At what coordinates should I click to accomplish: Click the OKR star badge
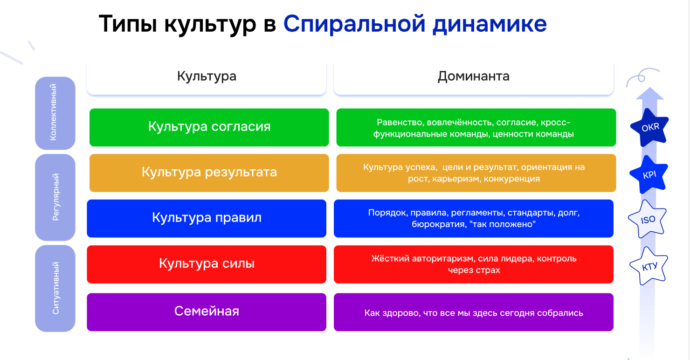point(649,127)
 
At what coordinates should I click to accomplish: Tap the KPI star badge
point(649,175)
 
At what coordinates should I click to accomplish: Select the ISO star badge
point(648,219)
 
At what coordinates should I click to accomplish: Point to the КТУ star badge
point(649,266)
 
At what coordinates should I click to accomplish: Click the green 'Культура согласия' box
point(209,127)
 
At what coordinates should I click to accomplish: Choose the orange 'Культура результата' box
point(209,173)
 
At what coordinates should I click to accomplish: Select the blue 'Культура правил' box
point(207,219)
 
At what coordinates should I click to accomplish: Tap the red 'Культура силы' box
point(207,264)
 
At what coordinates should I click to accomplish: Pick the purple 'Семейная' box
point(207,312)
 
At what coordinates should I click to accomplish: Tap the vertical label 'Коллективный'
point(54,112)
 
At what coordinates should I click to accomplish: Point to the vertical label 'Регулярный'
point(55,197)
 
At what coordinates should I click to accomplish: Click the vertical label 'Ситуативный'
point(55,288)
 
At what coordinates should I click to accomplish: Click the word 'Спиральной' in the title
point(354,24)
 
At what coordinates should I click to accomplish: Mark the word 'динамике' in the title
point(490,25)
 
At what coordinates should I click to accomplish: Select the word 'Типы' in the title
point(128,24)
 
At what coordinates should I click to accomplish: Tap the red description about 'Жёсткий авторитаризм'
point(474,264)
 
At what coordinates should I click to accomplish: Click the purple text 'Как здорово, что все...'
point(474,313)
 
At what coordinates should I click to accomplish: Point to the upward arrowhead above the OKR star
point(650,93)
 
